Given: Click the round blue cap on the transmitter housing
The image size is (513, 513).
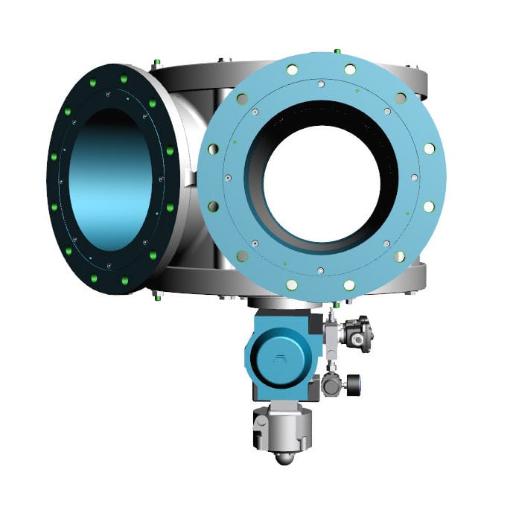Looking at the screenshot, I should tap(276, 360).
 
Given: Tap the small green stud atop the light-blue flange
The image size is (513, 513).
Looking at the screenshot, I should tap(337, 51).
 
